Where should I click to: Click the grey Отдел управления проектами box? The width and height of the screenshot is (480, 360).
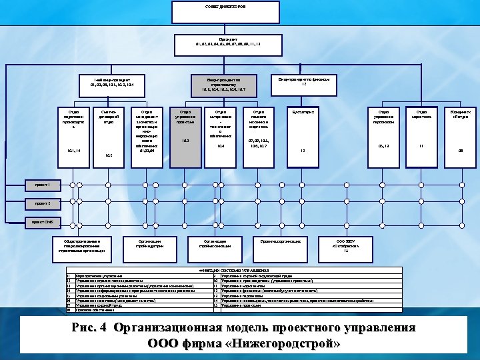186,134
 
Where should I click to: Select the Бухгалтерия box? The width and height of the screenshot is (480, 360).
303,134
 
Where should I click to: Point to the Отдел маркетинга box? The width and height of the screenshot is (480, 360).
421,134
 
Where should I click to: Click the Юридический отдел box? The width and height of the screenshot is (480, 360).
460,134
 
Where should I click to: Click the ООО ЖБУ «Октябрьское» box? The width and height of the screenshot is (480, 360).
346,245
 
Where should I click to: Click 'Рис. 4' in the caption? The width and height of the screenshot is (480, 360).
89,328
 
